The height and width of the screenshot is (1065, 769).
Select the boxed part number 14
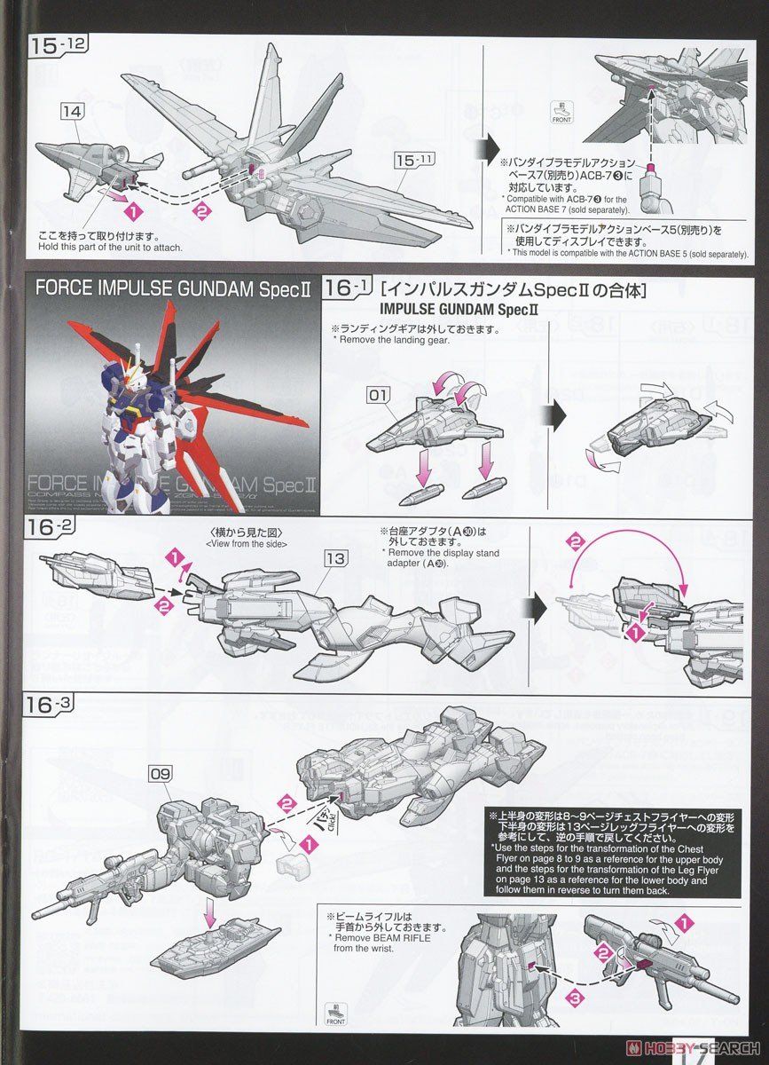pos(73,111)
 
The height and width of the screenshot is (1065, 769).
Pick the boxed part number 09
pos(161,774)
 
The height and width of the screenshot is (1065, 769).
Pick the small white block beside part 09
pos(290,869)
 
